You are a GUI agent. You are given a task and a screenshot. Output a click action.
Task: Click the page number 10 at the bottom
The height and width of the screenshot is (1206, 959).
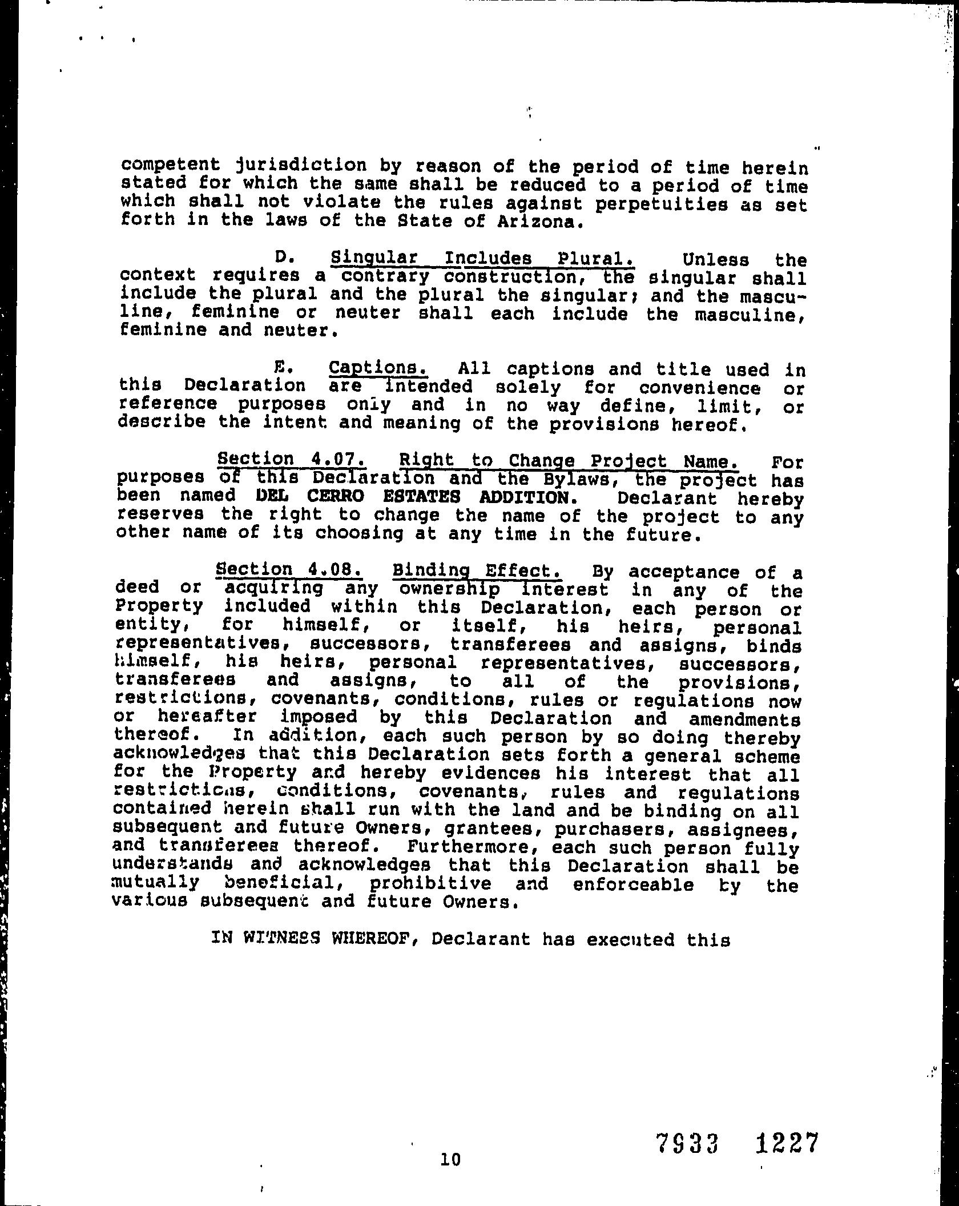tap(450, 1159)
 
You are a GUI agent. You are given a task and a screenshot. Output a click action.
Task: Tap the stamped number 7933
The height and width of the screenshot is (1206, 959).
tap(686, 1144)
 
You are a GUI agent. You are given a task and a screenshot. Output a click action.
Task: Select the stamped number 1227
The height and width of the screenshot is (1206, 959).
tap(787, 1144)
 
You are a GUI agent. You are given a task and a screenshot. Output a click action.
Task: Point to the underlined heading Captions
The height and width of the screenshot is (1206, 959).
tap(378, 367)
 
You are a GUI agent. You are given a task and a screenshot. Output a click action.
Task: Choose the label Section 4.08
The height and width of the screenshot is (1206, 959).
tap(288, 569)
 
